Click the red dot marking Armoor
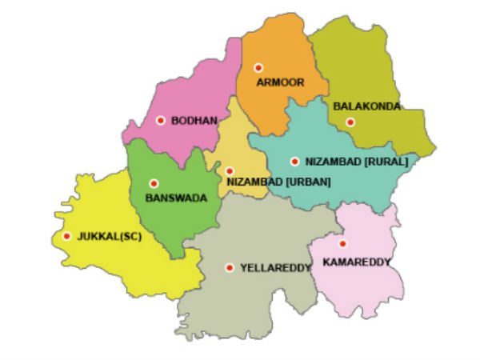pyautogui.click(x=258, y=68)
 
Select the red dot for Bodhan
pyautogui.click(x=161, y=120)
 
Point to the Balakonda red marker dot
pyautogui.click(x=350, y=122)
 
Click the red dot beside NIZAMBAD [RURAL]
pyautogui.click(x=295, y=161)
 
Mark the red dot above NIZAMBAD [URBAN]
pyautogui.click(x=229, y=170)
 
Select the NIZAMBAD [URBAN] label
pyautogui.click(x=278, y=182)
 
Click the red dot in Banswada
pyautogui.click(x=154, y=183)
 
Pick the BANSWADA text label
pyautogui.click(x=176, y=198)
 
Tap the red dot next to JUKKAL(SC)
pyautogui.click(x=66, y=236)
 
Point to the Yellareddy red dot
pyautogui.click(x=230, y=268)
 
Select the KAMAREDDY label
pyautogui.click(x=356, y=262)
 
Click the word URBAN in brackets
pyautogui.click(x=309, y=182)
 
